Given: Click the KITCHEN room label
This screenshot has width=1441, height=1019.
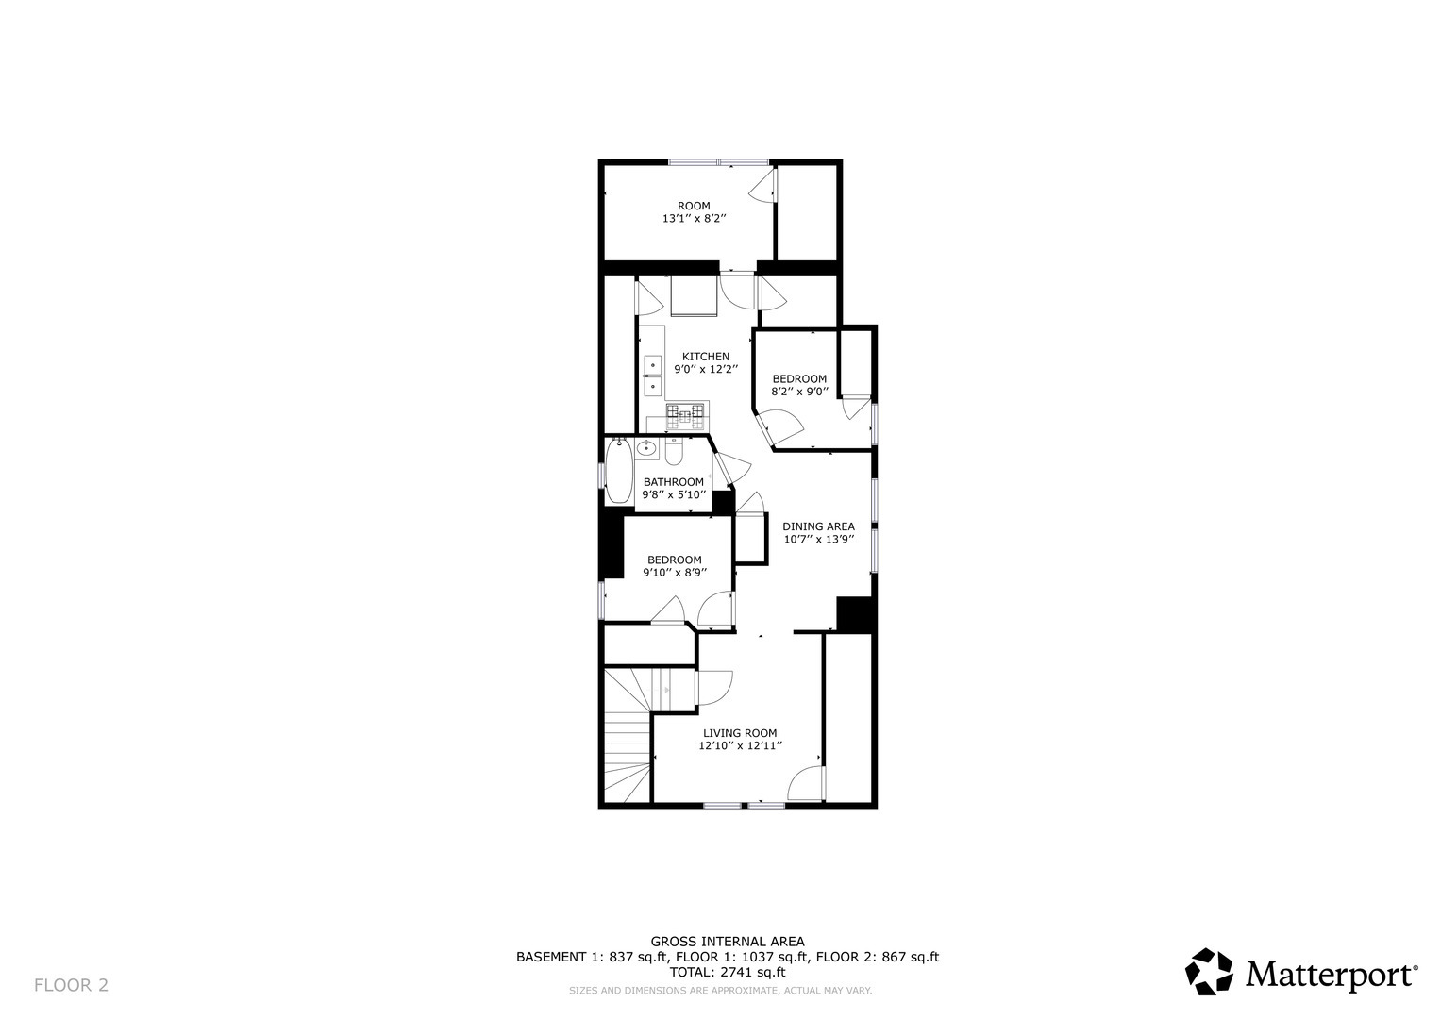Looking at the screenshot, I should (705, 357).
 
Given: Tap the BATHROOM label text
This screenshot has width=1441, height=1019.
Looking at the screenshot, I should (673, 482).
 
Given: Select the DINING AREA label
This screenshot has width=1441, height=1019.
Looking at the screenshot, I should (818, 526).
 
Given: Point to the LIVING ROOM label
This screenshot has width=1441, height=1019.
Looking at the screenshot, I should (740, 733).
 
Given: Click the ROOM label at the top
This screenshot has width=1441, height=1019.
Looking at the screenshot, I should (694, 206).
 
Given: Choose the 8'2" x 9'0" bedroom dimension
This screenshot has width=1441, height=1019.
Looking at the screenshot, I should (799, 392).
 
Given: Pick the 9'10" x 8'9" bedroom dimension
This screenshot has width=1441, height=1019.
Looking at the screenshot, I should (674, 572).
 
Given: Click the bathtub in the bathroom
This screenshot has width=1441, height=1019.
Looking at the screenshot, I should (619, 473).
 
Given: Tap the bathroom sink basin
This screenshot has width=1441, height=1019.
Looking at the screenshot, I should (646, 449).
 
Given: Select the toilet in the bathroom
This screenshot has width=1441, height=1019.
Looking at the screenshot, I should (673, 452).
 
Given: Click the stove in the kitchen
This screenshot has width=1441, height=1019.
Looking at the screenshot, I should (686, 413).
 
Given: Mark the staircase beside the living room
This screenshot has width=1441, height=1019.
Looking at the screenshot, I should (627, 735).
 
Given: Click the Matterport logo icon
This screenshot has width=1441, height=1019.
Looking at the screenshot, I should (1209, 972).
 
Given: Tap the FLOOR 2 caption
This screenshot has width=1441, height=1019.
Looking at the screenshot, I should (71, 985).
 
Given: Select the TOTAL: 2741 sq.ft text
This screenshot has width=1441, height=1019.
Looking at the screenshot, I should (727, 972).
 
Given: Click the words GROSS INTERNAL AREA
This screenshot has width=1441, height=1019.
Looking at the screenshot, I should (727, 941).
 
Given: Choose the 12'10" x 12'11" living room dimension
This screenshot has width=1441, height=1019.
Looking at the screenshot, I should (740, 746).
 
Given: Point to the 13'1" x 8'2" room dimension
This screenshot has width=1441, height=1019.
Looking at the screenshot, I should (694, 219).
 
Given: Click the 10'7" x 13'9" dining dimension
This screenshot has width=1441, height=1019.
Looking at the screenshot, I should (818, 540).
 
